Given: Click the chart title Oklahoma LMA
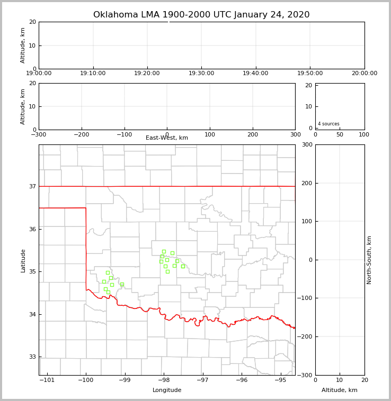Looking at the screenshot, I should [x=201, y=15].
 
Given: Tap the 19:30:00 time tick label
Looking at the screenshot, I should [x=201, y=74].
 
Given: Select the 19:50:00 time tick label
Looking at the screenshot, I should [x=310, y=74].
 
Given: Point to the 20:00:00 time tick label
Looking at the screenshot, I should [x=364, y=74].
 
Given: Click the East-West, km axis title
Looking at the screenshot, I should [x=167, y=138].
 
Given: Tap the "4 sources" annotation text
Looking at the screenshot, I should [x=328, y=124].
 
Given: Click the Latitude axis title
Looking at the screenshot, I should [x=23, y=260].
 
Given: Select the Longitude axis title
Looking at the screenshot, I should [x=167, y=390].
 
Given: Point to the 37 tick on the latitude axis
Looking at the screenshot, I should [x=32, y=186].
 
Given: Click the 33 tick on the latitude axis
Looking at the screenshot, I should [x=32, y=357].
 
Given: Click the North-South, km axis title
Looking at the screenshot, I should [x=369, y=260].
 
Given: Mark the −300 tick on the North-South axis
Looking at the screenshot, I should [x=306, y=375].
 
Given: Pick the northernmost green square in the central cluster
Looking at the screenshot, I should [x=164, y=251].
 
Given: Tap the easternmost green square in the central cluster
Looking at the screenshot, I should [x=183, y=266].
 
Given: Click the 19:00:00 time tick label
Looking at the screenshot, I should [x=39, y=74].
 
